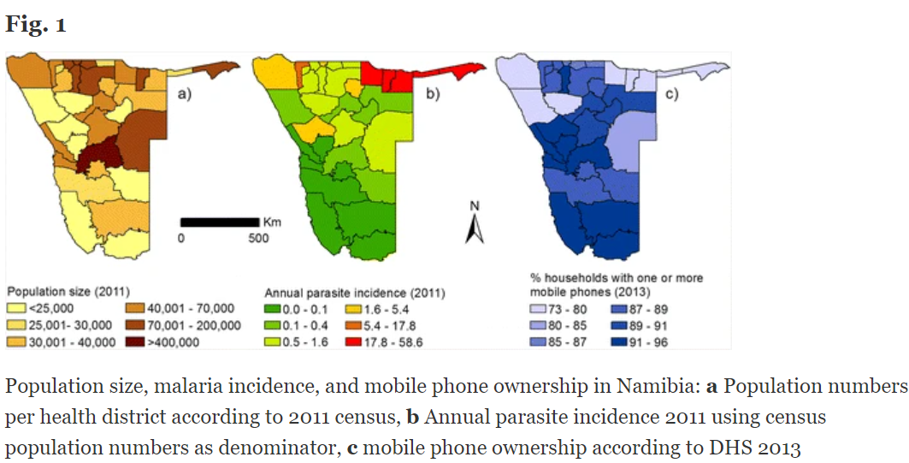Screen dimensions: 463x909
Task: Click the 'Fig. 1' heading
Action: coord(36,25)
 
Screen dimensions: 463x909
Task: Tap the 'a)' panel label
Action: coord(184,94)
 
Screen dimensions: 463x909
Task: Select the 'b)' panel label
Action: coord(432,94)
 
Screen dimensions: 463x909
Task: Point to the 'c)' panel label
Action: coord(671,94)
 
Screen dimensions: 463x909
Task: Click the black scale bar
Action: coord(220,223)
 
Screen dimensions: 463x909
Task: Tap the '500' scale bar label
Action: coord(258,239)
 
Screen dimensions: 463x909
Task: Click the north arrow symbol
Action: coord(475,229)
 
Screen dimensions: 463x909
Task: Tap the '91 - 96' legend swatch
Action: coord(617,342)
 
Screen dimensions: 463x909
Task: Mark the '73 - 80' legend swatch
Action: coord(536,308)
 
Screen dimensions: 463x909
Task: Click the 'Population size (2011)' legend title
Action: coord(68,292)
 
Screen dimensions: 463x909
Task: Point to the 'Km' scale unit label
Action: coord(272,223)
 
